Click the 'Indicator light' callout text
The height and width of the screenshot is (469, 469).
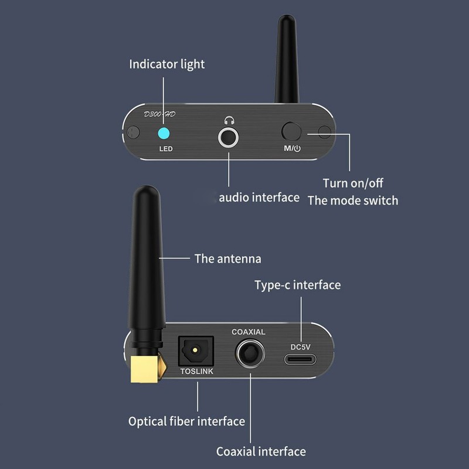pyautogui.click(x=167, y=64)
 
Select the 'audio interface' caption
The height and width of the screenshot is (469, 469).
pyautogui.click(x=259, y=197)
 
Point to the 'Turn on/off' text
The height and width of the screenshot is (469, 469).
pyautogui.click(x=353, y=183)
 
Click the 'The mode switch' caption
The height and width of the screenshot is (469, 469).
pyautogui.click(x=353, y=200)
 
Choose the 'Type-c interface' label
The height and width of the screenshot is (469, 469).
pyautogui.click(x=297, y=286)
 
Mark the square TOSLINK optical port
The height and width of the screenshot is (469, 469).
pyautogui.click(x=196, y=351)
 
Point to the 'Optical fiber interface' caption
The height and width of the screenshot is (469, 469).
pyautogui.click(x=186, y=421)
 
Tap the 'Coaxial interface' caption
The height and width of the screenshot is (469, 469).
pyautogui.click(x=261, y=451)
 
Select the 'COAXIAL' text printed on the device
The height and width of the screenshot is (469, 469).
pyautogui.click(x=249, y=332)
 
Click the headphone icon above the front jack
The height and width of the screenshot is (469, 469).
pyautogui.click(x=228, y=121)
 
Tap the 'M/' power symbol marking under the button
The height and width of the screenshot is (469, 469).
pyautogui.click(x=292, y=148)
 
